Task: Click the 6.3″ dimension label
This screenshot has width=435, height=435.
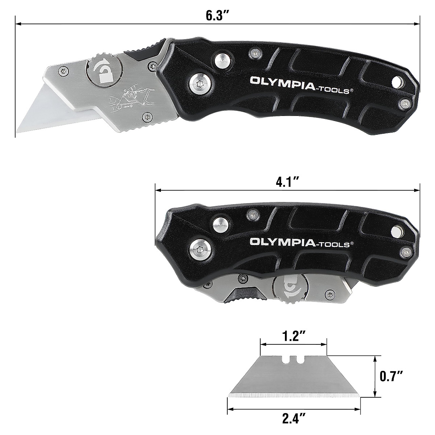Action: click(x=217, y=16)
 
